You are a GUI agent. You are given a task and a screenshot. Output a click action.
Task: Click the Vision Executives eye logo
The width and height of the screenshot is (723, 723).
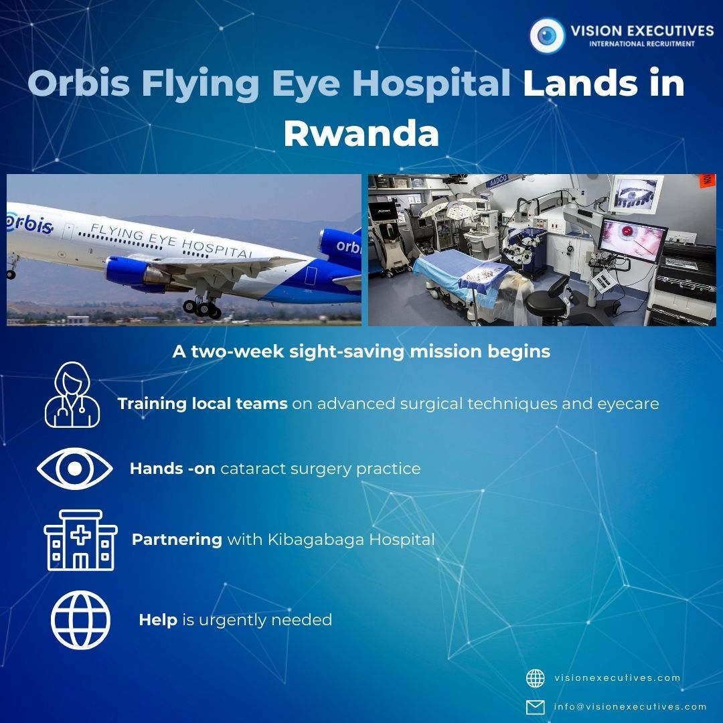pos(548,35)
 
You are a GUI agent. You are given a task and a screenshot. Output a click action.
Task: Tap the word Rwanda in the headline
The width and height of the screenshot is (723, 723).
pos(361,133)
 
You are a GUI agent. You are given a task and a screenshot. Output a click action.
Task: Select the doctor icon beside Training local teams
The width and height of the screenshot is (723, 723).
pos(72,394)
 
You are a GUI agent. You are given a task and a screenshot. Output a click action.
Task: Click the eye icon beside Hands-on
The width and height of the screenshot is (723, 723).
pos(75,469)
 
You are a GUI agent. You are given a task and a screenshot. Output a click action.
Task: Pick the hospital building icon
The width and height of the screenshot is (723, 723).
pos(81,540)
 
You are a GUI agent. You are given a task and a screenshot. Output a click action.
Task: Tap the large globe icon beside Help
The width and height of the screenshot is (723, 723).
pos(81,620)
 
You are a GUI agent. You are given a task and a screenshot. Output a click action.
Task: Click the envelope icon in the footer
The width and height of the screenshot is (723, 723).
pos(536,707)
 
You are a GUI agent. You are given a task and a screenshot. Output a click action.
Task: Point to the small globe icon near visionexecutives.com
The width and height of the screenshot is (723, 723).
pos(536,678)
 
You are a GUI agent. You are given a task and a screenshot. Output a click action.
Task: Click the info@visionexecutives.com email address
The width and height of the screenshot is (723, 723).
pos(631,706)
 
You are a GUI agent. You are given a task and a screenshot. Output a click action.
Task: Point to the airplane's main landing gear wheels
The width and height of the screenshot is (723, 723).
pos(202,307)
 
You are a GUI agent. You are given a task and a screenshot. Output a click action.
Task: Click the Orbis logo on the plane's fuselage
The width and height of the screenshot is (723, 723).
pos(29,224)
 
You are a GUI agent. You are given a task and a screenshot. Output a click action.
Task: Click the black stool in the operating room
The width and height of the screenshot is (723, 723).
pos(549,300)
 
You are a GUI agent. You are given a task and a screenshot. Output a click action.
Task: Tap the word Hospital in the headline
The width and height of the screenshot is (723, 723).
pos(431,83)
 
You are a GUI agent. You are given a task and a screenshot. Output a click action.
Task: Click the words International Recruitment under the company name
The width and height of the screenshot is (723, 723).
pos(641,44)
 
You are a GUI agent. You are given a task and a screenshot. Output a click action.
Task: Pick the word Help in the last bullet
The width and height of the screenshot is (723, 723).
pos(158,620)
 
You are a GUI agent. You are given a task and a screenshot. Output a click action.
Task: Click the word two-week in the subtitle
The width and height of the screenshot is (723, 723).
pos(237,351)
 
